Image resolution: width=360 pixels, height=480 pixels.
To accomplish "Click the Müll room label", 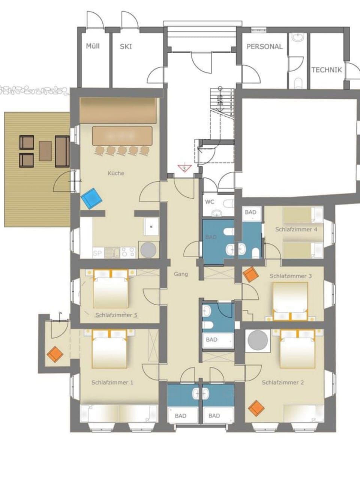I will coord(93,46).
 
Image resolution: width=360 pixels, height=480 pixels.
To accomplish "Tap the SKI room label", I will coord(126,47).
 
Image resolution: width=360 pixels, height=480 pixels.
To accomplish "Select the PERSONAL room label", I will coord(264,46).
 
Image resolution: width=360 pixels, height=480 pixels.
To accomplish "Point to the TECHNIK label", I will coord(327,70).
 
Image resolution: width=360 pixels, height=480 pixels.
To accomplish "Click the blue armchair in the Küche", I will coord(91,198).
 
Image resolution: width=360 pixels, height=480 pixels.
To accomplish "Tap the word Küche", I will coord(115,173).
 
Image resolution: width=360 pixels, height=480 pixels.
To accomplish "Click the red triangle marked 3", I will coord(184,168).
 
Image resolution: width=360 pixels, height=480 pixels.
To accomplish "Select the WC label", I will coord(210,202).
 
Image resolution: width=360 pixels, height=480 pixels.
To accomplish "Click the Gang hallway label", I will coord(181,274).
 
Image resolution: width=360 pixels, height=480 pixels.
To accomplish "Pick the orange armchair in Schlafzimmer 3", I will coord(250,274).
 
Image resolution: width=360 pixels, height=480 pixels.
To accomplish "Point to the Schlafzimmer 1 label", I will coord(112,382).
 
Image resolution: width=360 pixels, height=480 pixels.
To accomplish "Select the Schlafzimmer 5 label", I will coord(115,315).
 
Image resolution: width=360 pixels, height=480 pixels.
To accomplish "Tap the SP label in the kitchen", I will coord(97,253).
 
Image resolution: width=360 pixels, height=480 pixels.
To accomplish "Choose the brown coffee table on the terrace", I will coord(45,150).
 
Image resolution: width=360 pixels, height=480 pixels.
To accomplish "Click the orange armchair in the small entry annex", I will coord(55,354).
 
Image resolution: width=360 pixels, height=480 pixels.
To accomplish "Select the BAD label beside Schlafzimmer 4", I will coord(250,212).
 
